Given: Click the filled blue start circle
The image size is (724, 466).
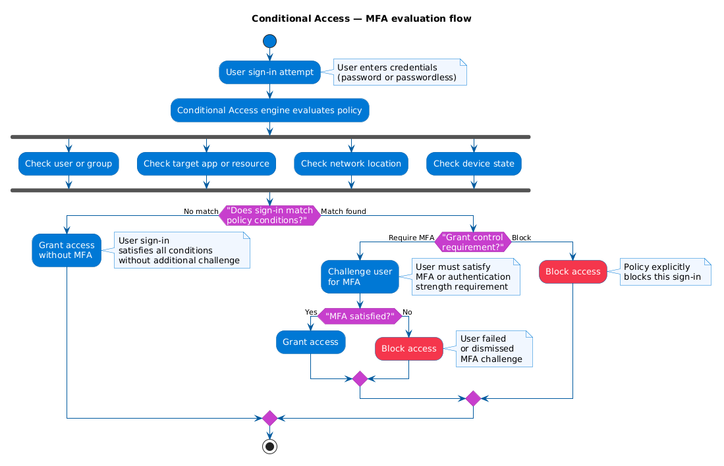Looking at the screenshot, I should tap(269, 41).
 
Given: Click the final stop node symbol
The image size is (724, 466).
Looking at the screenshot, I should tap(269, 446).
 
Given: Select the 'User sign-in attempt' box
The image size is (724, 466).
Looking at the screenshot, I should tap(269, 72).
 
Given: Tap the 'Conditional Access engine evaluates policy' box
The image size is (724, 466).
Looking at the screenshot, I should tap(269, 110).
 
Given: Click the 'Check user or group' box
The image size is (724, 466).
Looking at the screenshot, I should tap(69, 164).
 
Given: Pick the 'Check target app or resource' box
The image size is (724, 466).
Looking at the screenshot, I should tap(206, 164).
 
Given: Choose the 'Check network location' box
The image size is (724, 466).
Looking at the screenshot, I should tap(351, 164).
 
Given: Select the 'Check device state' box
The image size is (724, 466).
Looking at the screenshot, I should tap(474, 164).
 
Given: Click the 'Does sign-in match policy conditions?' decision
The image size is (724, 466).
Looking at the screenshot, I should tap(269, 215).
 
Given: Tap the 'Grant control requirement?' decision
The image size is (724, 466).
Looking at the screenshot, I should tap(473, 242).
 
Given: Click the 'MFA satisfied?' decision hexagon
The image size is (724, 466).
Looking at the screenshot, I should tap(360, 316).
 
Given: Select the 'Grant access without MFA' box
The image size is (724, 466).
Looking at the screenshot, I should tap(67, 250).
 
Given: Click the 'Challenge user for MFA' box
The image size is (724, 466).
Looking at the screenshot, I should tap(360, 276).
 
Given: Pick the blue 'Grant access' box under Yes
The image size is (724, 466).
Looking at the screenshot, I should tap(310, 342).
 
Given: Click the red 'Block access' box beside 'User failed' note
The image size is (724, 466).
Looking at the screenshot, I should tap(408, 348).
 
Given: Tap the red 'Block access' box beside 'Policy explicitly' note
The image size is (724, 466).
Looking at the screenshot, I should tap(572, 271).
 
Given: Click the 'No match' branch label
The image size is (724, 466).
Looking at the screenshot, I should tap(201, 211).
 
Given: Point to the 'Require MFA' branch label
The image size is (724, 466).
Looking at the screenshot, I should tap(411, 238).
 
